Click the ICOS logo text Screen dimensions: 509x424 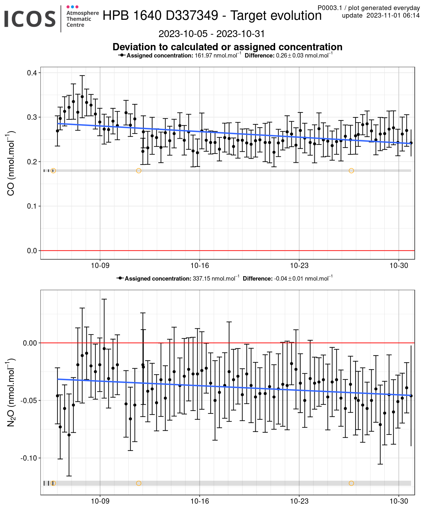pos(30,19)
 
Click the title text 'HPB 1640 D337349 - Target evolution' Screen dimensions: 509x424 pos(212,15)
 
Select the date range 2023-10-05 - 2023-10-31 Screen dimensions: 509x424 pos(211,34)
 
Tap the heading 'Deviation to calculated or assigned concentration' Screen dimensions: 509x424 pos(227,47)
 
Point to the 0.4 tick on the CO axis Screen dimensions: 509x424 pos(32,73)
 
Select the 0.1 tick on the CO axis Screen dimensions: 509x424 pos(32,206)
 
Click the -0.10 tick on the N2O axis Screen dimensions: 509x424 pos(29,458)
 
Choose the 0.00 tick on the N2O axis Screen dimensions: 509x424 pos(30,343)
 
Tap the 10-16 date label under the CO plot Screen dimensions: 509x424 pos(200,265)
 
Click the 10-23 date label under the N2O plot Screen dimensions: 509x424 pos(299,501)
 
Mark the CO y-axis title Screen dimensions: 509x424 pos(11,163)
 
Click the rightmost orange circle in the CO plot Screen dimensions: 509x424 pos(351,171)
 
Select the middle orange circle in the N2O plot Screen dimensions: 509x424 pos(139,483)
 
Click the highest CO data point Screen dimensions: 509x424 pos(82,97)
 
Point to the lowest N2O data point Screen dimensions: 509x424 pos(69,435)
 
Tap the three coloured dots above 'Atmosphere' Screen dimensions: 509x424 pos(73,7)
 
